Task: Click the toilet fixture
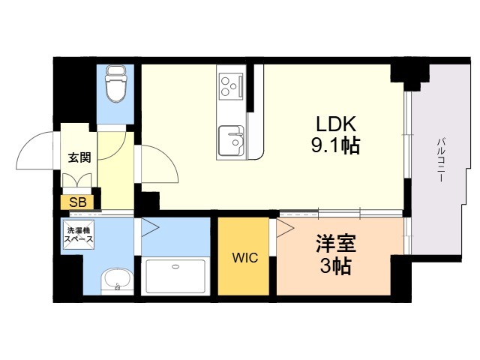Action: [x=115, y=83]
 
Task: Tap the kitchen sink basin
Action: [x=231, y=140]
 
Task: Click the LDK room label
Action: [x=336, y=124]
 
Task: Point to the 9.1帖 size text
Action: [x=336, y=145]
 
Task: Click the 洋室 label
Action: [x=336, y=243]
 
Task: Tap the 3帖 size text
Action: [x=336, y=265]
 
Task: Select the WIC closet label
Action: [x=245, y=258]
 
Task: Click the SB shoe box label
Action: [x=78, y=202]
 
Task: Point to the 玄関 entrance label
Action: [x=79, y=157]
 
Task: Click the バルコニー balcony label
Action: [x=441, y=160]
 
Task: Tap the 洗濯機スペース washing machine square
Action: [x=78, y=235]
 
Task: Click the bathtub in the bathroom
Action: [x=175, y=277]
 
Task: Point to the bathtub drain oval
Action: [x=175, y=266]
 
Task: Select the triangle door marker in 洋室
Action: [x=285, y=227]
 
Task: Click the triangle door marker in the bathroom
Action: [x=150, y=227]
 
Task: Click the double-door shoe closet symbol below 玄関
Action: [x=76, y=180]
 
